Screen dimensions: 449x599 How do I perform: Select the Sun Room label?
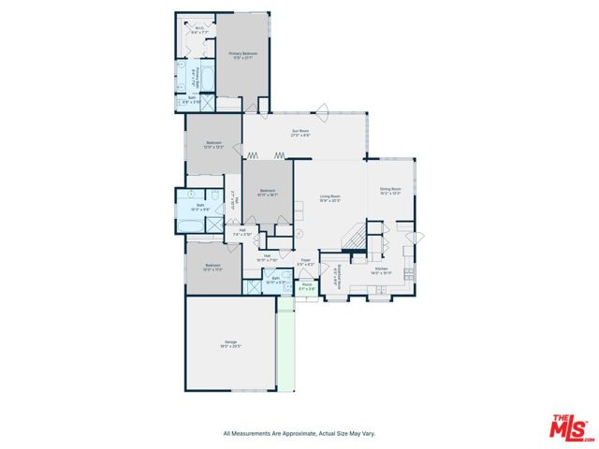tap(300, 134)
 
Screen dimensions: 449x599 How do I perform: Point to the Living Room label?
tap(329, 197)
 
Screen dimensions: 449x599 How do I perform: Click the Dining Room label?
tap(390, 192)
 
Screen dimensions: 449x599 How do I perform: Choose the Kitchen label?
tap(381, 269)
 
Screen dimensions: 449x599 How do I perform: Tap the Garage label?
tap(230, 343)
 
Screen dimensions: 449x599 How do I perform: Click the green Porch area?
tap(307, 289)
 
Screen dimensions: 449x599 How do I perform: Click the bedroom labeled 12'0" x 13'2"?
tap(213, 145)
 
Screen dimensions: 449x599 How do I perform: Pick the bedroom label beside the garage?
tap(213, 267)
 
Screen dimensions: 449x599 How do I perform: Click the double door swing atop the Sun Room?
tap(320, 116)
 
